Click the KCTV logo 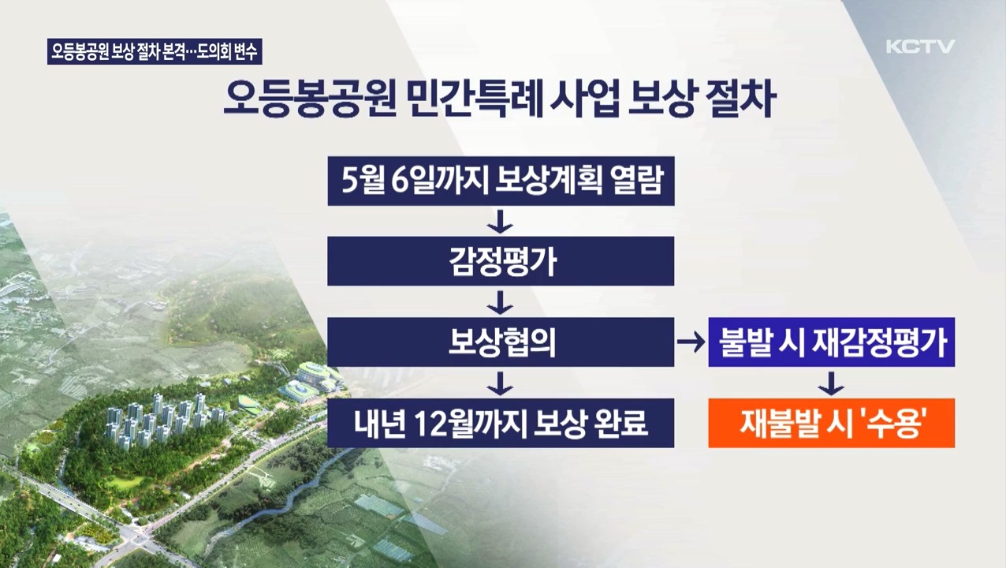920,47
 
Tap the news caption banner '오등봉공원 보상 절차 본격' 155,52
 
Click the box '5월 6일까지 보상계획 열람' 501,182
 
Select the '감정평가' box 501,261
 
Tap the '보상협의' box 501,342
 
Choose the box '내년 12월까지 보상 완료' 501,424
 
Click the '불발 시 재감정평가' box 831,342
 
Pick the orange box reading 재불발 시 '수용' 831,424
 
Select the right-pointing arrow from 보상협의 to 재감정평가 691,342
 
